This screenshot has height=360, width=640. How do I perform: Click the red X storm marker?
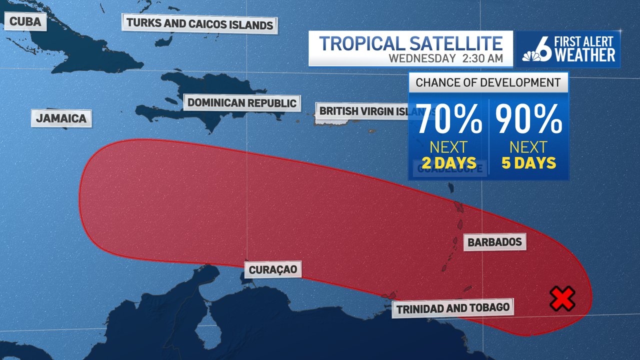pos(562,298)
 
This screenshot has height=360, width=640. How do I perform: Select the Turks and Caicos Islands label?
pos(199,23)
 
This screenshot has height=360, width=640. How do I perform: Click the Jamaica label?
pos(61,118)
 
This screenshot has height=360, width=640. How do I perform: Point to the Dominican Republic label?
pos(242,103)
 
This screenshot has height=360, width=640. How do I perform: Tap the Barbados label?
pos(494,242)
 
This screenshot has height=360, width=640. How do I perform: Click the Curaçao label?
pos(273,270)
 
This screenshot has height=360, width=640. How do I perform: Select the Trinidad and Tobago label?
pos(452,308)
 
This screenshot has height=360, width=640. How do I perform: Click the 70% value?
pos(449,120)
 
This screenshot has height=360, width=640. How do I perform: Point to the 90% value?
pos(528,120)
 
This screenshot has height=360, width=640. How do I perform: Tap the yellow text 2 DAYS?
pos(448,163)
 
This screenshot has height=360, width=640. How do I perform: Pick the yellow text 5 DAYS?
pos(528,163)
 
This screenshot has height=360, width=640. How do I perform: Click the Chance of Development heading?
pos(488,82)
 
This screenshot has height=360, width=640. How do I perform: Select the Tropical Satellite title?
pos(410,43)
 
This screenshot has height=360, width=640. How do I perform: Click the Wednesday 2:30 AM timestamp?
pos(445,58)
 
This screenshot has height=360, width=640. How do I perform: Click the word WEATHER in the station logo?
pos(584,55)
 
